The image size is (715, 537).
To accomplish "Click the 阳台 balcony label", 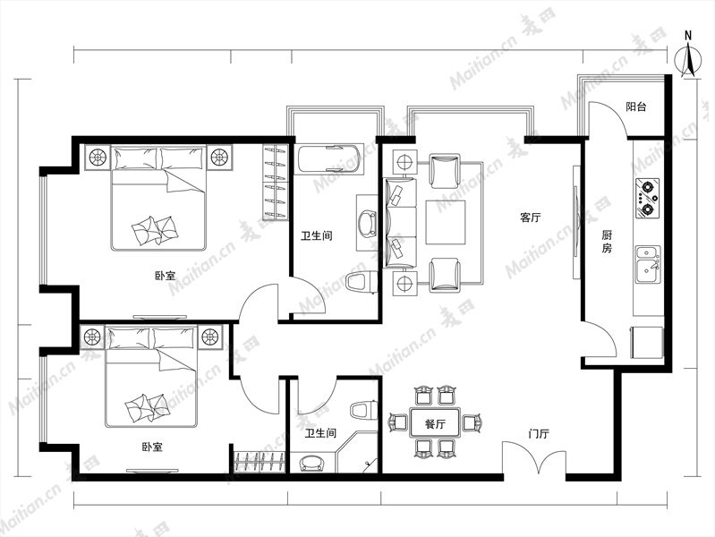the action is [635, 107].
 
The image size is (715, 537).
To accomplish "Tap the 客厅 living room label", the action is [531, 217].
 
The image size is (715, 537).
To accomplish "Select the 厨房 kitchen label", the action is [607, 242].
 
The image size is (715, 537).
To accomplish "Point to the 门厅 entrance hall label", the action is [539, 433].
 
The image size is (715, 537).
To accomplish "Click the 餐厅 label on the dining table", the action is [435, 424].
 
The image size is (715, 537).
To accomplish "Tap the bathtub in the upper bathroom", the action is [330, 159].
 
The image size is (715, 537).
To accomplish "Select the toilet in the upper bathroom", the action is [362, 282].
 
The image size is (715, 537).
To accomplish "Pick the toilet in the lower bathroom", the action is [364, 410].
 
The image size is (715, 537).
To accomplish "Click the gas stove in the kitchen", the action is [647, 198].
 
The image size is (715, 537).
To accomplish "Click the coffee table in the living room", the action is [446, 222].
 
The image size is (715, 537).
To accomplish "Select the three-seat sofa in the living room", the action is [401, 223].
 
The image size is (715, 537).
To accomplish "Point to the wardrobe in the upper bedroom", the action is [276, 182].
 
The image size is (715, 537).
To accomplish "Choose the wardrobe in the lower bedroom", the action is [260, 462].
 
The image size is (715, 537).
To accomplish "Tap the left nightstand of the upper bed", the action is [98, 158].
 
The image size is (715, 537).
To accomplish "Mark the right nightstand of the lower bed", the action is [210, 337].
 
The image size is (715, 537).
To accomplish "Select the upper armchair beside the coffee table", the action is [445, 171].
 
